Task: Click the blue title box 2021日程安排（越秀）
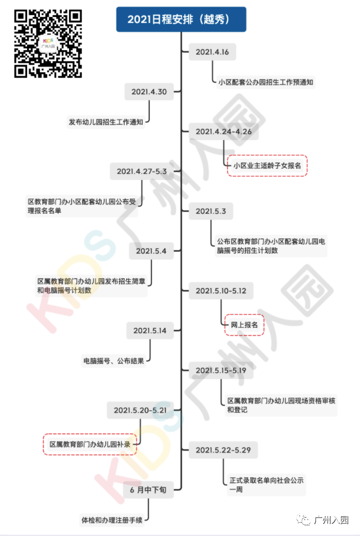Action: pyautogui.click(x=181, y=19)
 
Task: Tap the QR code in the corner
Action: pyautogui.click(x=48, y=43)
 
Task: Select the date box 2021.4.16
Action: pyautogui.click(x=212, y=52)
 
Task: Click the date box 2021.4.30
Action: pyautogui.click(x=149, y=92)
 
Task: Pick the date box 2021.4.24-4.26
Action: pyautogui.click(x=223, y=131)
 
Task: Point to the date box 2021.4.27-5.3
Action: pyautogui.click(x=142, y=171)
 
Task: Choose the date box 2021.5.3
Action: pyautogui.click(x=211, y=211)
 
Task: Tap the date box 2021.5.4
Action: pyautogui.click(x=151, y=251)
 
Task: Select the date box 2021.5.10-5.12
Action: pyautogui.click(x=221, y=291)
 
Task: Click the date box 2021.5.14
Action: pyautogui.click(x=150, y=330)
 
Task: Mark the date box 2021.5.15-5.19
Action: pyautogui.click(x=221, y=371)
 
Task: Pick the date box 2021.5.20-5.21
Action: pyautogui.click(x=140, y=410)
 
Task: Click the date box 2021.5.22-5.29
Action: pyautogui.click(x=223, y=450)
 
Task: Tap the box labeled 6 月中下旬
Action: pyautogui.click(x=148, y=490)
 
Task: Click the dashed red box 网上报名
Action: pyautogui.click(x=244, y=325)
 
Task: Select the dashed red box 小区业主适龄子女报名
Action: pyautogui.click(x=267, y=166)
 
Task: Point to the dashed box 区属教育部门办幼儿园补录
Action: pyautogui.click(x=90, y=444)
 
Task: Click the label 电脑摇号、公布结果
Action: pyautogui.click(x=114, y=361)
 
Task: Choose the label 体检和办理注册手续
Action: pyautogui.click(x=112, y=520)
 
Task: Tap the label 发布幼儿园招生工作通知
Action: pyautogui.click(x=106, y=122)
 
